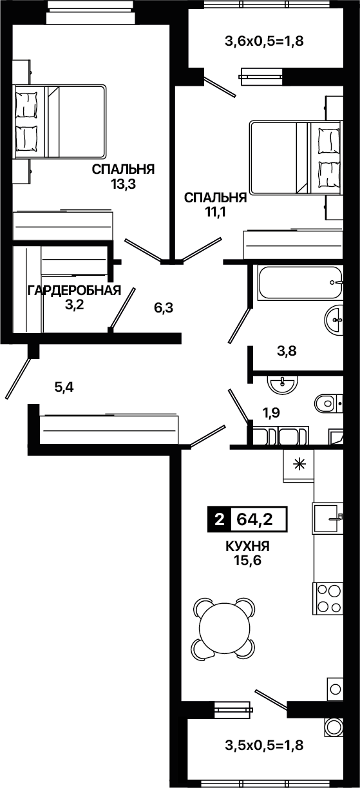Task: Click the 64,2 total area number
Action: [x=254, y=519]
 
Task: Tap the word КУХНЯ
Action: [x=247, y=546]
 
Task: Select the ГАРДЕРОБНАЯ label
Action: [x=74, y=291]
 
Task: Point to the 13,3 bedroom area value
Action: [x=124, y=184]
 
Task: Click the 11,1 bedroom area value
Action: [x=216, y=212]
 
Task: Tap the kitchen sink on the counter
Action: [x=328, y=517]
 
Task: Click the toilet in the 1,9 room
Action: [x=328, y=403]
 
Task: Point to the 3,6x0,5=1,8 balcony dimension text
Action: [x=264, y=41]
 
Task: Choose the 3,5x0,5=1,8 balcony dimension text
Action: [x=264, y=745]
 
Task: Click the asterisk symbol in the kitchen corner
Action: [x=299, y=465]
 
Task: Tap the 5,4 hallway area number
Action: [x=64, y=387]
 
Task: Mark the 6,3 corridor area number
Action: [x=164, y=308]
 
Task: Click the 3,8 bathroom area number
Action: [x=287, y=351]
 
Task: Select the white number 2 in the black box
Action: [x=220, y=519]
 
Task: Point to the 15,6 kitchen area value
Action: [x=248, y=561]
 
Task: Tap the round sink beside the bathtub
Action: [x=333, y=320]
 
